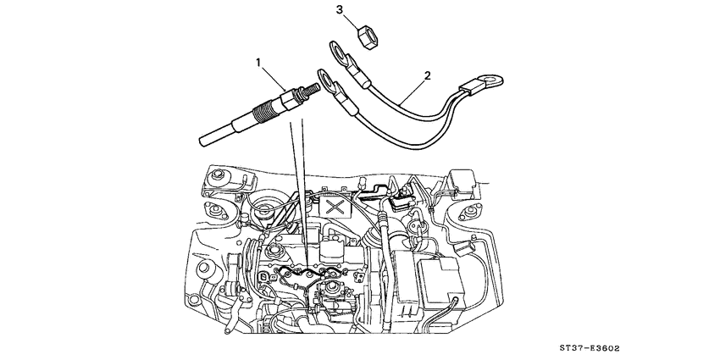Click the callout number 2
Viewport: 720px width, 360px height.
click(x=427, y=76)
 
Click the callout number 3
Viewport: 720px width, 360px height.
click(x=340, y=10)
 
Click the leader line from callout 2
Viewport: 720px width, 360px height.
click(x=413, y=87)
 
